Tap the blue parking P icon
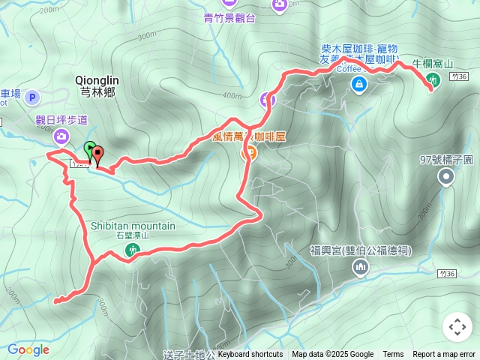(32, 97)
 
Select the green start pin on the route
(90, 148)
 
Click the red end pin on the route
(97, 154)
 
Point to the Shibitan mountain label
(133, 226)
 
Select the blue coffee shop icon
(360, 83)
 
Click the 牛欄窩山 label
(433, 64)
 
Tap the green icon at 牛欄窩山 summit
(433, 80)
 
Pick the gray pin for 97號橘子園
(447, 177)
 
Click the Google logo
(28, 349)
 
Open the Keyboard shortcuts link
(250, 355)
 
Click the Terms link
(393, 355)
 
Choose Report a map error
(444, 355)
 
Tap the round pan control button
(457, 327)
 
